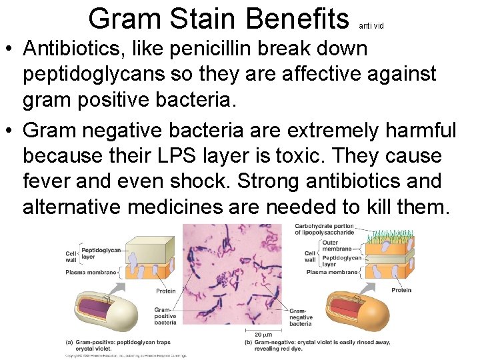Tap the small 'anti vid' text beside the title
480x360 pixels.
pos(371,26)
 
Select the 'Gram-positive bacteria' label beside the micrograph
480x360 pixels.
pos(165,317)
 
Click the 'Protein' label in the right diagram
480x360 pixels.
pos(401,290)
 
